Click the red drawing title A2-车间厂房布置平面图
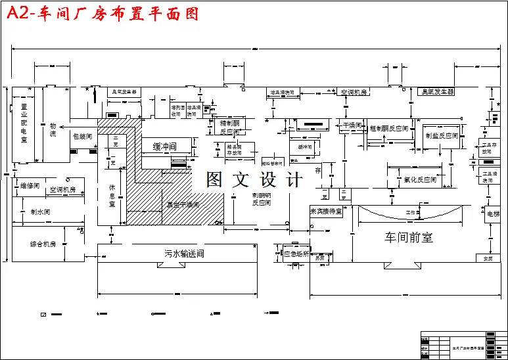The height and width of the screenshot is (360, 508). tap(102, 13)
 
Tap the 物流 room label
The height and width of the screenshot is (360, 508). tap(53, 129)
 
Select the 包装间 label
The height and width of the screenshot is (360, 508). tap(82, 137)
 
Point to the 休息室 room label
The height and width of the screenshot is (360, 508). tap(112, 196)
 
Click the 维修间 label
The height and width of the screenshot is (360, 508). tap(30, 186)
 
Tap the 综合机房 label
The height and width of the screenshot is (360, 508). tap(43, 244)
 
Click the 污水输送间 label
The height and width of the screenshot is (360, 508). tap(185, 254)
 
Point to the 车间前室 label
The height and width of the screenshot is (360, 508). tap(408, 237)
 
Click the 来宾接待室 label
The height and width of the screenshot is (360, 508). tap(327, 212)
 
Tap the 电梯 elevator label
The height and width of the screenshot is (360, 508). tap(493, 214)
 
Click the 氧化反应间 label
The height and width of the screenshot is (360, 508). tap(421, 179)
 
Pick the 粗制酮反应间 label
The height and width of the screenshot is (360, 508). tap(388, 128)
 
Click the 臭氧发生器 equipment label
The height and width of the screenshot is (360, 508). tap(438, 92)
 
